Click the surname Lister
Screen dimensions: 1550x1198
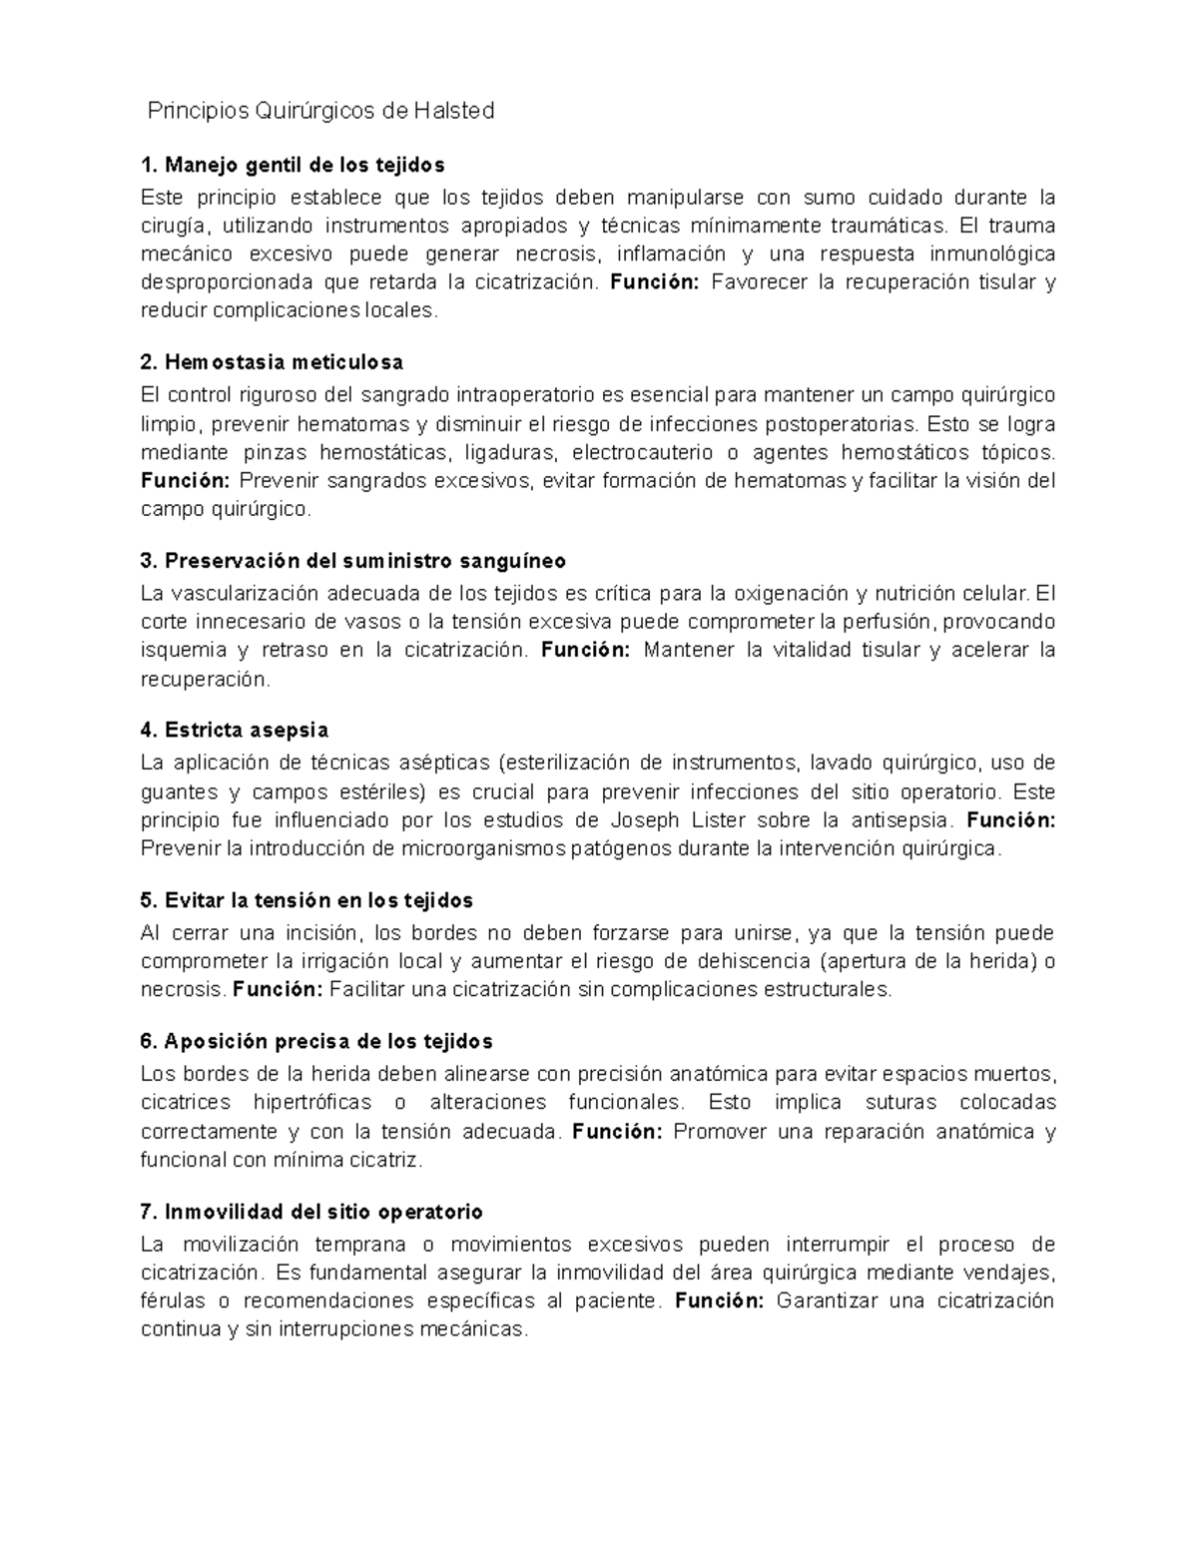pyautogui.click(x=716, y=820)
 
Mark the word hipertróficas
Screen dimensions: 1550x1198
pyautogui.click(x=312, y=1103)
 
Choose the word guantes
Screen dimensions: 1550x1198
pyautogui.click(x=179, y=792)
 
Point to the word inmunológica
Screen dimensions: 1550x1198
pyautogui.click(x=992, y=254)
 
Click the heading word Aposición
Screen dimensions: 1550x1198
pyautogui.click(x=210, y=1041)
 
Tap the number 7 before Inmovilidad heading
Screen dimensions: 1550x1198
pyautogui.click(x=147, y=1212)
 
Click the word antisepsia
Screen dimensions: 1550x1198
pyautogui.click(x=897, y=820)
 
